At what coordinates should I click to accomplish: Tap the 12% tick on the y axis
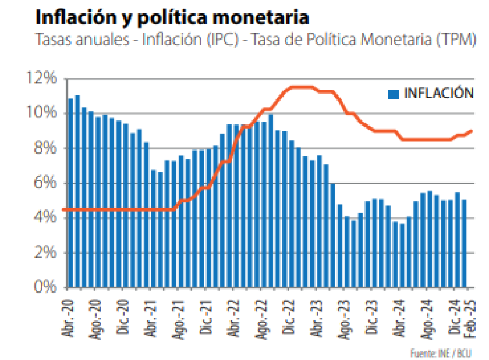[42, 78]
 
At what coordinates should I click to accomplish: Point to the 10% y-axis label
[42, 113]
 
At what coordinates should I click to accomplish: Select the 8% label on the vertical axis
[45, 148]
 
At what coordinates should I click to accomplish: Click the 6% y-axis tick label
[45, 183]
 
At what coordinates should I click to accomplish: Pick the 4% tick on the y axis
[45, 218]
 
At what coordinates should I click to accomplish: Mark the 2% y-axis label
[45, 252]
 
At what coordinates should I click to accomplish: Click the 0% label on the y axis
[45, 287]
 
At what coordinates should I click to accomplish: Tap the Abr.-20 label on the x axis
[69, 316]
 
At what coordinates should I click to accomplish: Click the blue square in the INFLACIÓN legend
[394, 94]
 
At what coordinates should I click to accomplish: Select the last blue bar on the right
[465, 244]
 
